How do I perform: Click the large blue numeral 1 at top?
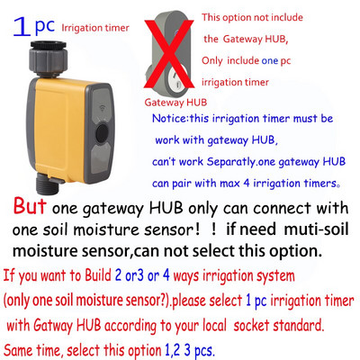coord(22,27)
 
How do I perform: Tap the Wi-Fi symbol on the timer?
coord(102,108)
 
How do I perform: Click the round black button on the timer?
coord(102,133)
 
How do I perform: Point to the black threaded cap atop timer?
coord(48,45)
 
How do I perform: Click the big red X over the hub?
coord(169,54)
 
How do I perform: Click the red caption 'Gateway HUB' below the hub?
coord(175,103)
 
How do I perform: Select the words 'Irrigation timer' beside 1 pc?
coord(95,28)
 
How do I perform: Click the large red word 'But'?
coord(30,206)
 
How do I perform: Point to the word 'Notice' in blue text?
coord(169,119)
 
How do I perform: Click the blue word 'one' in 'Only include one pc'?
coord(270,61)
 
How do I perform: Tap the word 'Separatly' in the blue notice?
coord(231,162)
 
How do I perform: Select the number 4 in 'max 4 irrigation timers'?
coord(247,183)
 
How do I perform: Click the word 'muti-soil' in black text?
coord(316,229)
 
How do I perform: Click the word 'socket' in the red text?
coord(250,326)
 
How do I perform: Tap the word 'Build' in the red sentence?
coord(98,274)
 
